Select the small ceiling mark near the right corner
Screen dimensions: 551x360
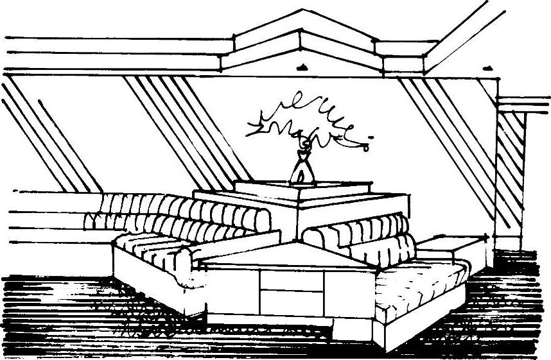pyautogui.click(x=484, y=65)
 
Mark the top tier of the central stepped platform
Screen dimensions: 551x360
pyautogui.click(x=302, y=187)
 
